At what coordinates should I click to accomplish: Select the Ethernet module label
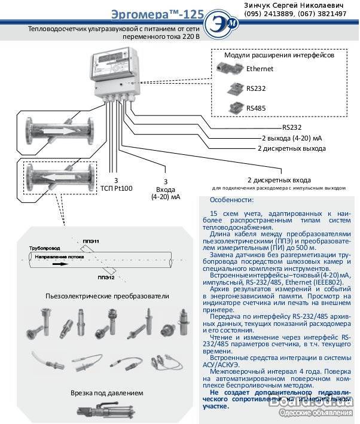point(260,69)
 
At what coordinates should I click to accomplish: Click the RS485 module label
point(257,108)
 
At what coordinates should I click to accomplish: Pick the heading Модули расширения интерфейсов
point(279,55)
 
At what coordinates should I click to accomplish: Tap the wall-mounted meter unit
point(117,71)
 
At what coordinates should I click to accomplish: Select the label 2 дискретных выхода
point(290,148)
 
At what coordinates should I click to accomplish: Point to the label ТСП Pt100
point(116,188)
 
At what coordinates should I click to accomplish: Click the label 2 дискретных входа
point(279,179)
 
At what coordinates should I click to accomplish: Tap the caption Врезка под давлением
point(106,393)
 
